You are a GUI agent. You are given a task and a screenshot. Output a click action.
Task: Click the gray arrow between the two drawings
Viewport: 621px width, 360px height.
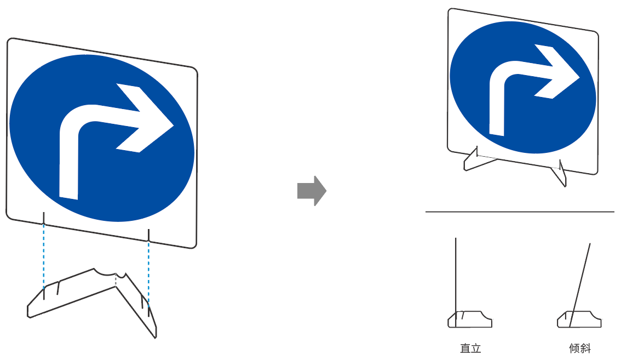coord(311,191)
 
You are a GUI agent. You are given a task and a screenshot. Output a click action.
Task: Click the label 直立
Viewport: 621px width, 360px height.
coord(470,348)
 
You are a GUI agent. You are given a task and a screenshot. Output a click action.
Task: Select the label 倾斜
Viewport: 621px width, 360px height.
coord(580,348)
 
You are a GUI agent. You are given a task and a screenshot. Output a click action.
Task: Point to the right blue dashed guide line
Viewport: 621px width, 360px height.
coord(148,268)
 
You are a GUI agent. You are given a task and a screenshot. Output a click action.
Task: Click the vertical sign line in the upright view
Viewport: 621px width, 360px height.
coord(456,274)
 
